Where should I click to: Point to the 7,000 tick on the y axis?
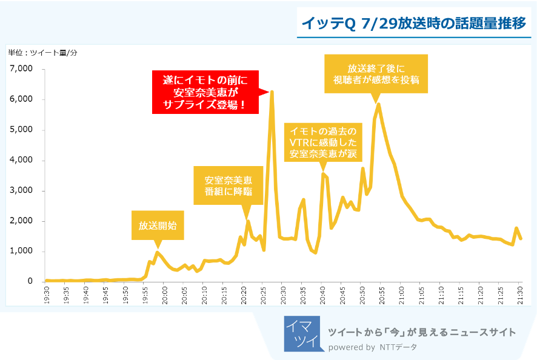(x=21, y=69)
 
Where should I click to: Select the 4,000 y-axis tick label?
(x=21, y=161)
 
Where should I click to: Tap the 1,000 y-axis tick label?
(x=21, y=252)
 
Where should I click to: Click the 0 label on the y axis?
(x=29, y=282)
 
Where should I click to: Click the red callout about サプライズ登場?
(x=204, y=92)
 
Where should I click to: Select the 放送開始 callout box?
(x=158, y=226)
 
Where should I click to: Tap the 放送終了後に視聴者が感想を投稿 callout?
(x=376, y=74)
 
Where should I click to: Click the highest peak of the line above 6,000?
(x=272, y=92)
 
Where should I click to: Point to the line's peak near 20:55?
(x=379, y=104)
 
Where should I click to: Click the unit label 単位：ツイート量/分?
(x=43, y=53)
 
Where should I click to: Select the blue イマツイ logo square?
(x=301, y=333)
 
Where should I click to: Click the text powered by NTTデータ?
(x=372, y=347)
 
